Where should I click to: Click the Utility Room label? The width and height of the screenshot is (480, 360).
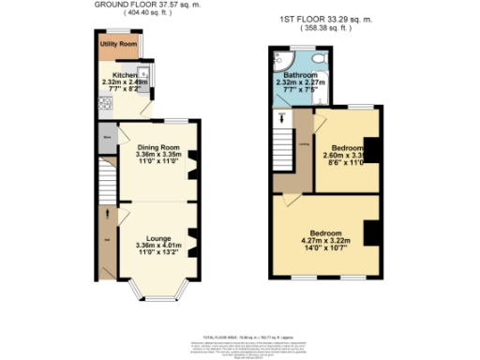click(119, 44)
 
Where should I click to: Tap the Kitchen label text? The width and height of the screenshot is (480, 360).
click(125, 73)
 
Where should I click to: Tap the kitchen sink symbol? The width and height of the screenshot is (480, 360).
click(148, 74)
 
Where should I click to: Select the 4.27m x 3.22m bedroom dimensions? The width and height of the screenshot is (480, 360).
click(322, 241)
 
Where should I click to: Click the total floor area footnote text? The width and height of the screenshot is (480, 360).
click(240, 335)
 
